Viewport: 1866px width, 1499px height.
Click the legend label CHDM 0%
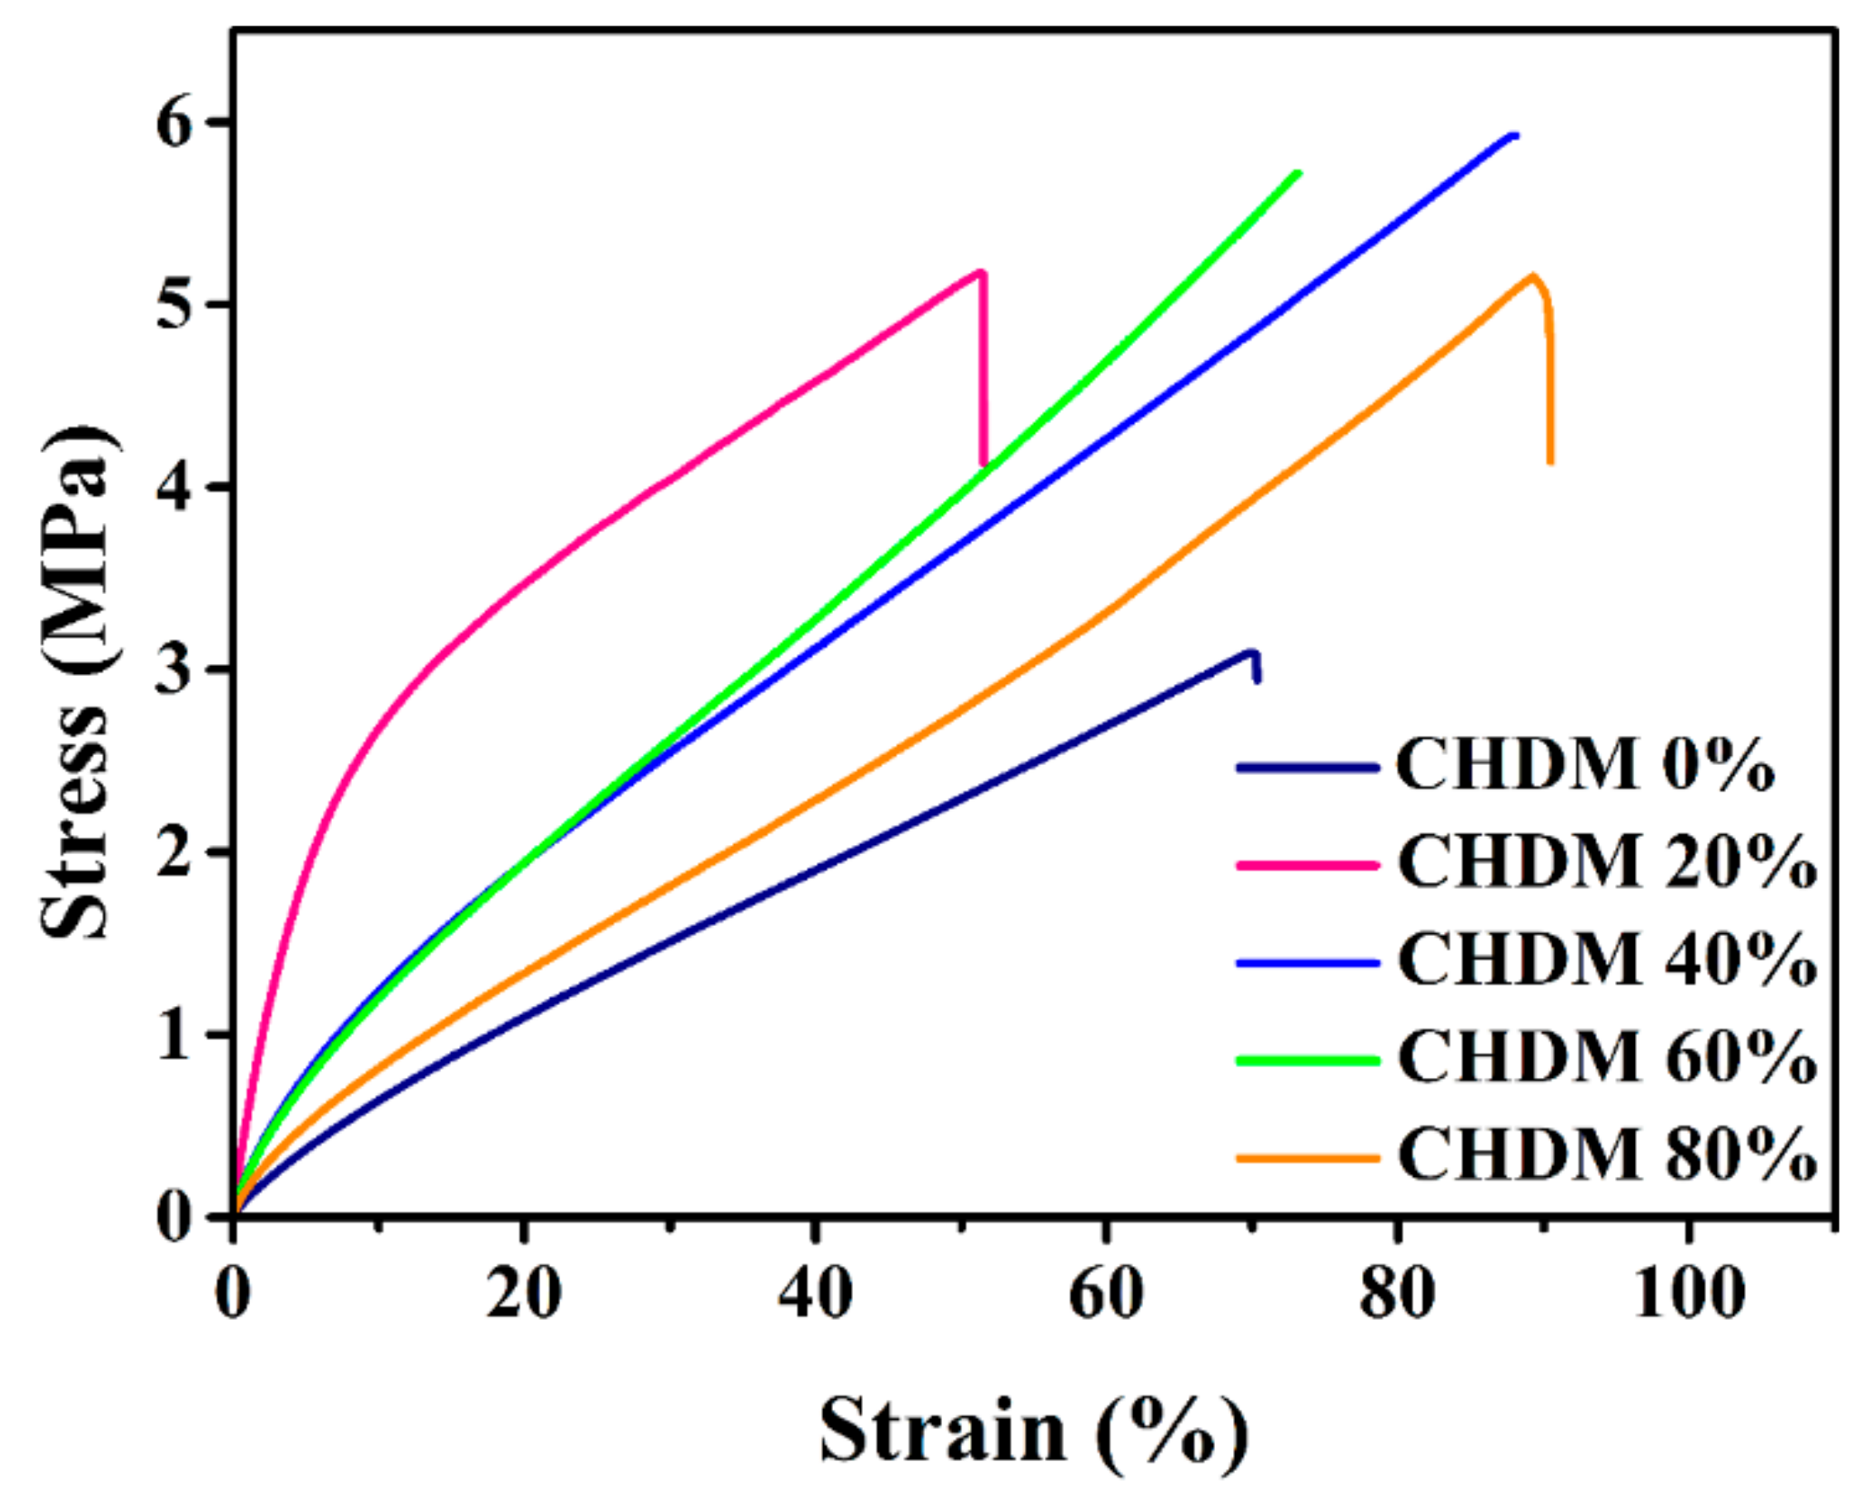click(1584, 766)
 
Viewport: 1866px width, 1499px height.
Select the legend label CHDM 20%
click(1606, 863)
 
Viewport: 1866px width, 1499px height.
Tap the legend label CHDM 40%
click(1606, 961)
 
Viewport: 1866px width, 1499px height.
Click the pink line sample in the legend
click(1308, 865)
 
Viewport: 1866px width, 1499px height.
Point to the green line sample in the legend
click(1308, 1060)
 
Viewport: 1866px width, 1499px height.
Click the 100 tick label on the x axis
click(1689, 1293)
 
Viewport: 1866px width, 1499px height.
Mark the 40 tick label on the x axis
click(815, 1293)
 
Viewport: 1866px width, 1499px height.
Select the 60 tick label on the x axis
click(1106, 1293)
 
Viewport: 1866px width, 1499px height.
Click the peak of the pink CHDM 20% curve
click(979, 271)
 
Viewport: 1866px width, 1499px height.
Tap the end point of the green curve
click(1299, 172)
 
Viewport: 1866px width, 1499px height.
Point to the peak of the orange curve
click(1533, 275)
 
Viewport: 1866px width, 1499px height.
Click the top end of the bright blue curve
click(1514, 136)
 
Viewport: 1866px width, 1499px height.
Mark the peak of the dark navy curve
click(1252, 651)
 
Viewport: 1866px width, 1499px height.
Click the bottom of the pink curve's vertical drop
click(985, 464)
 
